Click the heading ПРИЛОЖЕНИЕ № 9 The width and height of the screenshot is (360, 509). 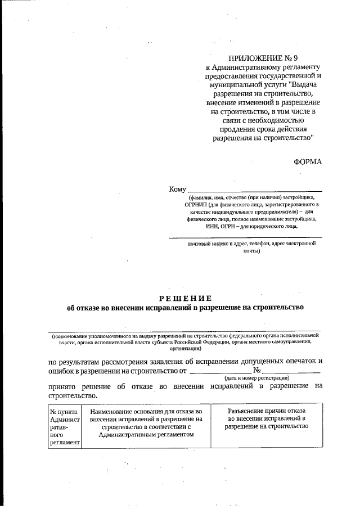(x=261, y=58)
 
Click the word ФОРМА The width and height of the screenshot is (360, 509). (x=308, y=161)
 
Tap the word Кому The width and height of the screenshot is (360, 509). (x=177, y=190)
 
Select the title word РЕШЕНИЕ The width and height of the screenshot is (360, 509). (x=185, y=298)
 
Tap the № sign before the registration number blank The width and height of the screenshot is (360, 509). (x=256, y=370)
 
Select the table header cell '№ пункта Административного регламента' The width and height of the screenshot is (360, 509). (x=65, y=427)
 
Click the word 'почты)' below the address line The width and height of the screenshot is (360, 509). (x=251, y=251)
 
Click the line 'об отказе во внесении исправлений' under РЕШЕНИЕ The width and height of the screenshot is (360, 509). (x=185, y=308)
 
